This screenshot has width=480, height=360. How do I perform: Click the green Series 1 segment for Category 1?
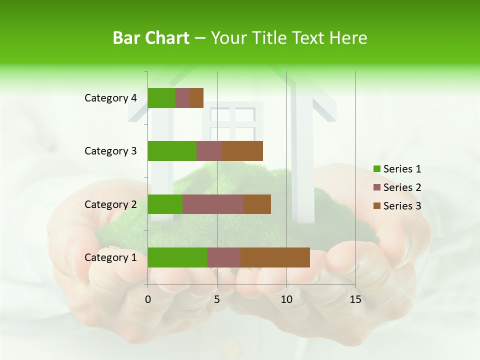pos(177,257)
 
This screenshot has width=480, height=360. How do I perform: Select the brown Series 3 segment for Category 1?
pos(275,257)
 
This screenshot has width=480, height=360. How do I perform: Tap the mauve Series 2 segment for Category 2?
pos(213,204)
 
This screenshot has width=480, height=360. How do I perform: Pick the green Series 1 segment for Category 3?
pos(172,151)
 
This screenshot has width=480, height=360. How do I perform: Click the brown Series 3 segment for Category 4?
pos(196,98)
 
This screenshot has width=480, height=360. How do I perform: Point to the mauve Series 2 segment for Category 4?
pos(182,98)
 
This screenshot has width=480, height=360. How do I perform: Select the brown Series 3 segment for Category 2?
pos(257,204)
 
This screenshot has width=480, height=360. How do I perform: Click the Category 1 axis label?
pos(110,257)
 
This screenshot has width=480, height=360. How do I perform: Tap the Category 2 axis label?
pos(110,204)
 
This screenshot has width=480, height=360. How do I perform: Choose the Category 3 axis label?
pos(110,151)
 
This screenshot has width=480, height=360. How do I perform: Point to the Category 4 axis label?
pos(110,98)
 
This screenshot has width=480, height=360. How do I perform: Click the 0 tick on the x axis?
pos(148,299)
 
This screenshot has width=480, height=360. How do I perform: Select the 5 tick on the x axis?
pos(217,299)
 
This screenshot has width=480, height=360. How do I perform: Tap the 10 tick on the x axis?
pos(286,299)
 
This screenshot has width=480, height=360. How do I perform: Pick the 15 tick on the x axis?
pos(355,299)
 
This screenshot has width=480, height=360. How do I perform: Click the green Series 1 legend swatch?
pos(376,169)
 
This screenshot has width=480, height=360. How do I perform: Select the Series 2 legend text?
pos(402,187)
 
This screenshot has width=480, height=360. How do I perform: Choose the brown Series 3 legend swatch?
pos(376,206)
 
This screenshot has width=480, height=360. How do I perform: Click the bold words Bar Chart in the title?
pos(151,38)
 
